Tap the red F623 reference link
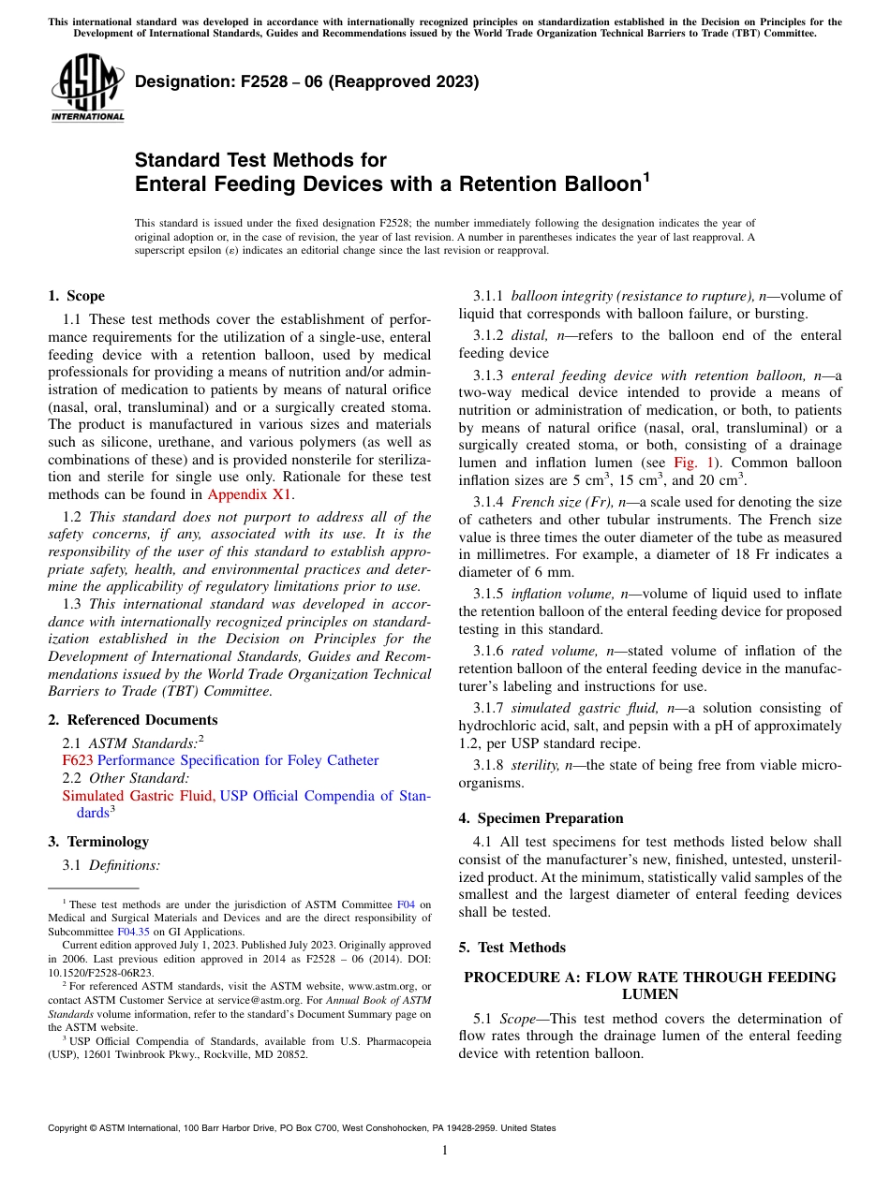tap(77, 760)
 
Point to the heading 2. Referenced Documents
tap(133, 720)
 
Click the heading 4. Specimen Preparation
tap(541, 817)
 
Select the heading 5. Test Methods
tap(512, 947)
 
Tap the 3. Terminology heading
tap(98, 842)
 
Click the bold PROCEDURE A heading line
tap(650, 978)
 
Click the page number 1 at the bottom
tap(445, 1150)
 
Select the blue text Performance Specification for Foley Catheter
tap(238, 760)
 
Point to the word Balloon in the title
tap(583, 184)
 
